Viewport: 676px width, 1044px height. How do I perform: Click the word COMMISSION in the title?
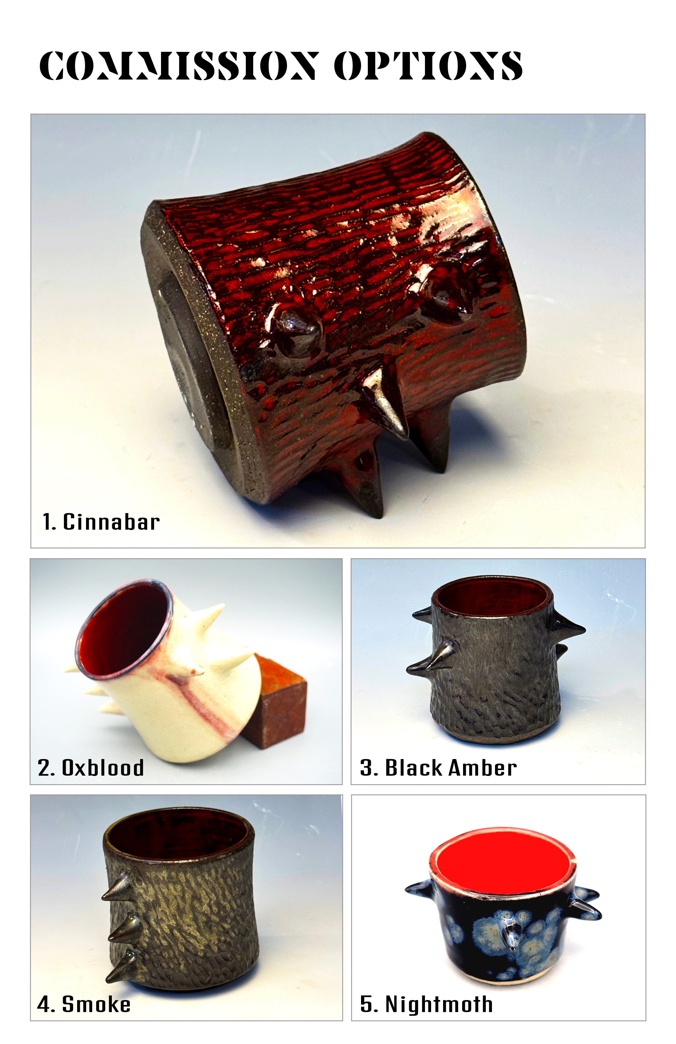(x=178, y=66)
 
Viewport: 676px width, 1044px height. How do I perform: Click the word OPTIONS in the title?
(x=428, y=66)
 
